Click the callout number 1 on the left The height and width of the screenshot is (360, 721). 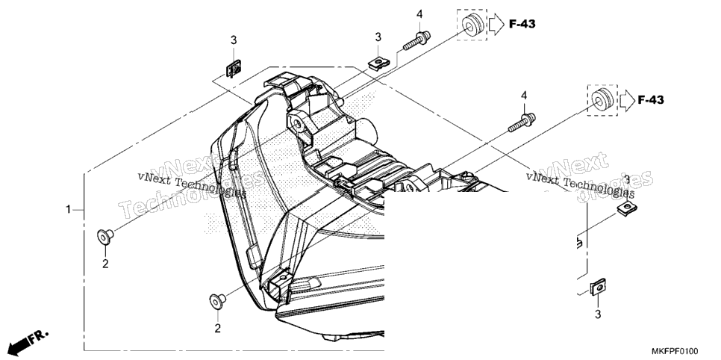(x=68, y=210)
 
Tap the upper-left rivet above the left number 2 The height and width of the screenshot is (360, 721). (x=105, y=237)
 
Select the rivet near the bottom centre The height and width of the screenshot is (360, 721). (x=217, y=301)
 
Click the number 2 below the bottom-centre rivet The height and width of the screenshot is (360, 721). (x=217, y=328)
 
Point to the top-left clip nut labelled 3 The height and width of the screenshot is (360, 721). (x=234, y=69)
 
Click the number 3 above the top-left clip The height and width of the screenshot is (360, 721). (x=234, y=40)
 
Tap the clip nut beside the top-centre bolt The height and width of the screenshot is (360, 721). (x=378, y=62)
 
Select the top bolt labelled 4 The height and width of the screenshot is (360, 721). (x=417, y=40)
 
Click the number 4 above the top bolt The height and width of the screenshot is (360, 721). (x=419, y=15)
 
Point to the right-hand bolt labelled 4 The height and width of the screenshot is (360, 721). (x=522, y=122)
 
